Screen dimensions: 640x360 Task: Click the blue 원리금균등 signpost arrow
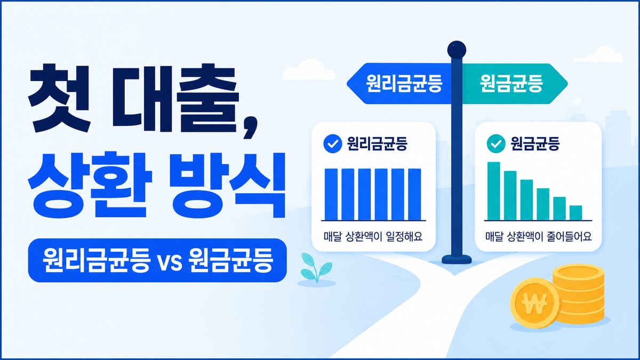coord(399,83)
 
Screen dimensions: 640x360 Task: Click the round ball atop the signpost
coord(457,51)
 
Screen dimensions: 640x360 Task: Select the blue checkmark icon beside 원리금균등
coord(333,143)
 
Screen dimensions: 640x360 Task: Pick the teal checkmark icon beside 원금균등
coord(496,143)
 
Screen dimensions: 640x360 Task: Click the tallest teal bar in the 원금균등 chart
coord(493,191)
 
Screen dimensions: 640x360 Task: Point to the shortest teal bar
coord(575,213)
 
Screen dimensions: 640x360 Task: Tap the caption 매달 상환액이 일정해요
coord(373,237)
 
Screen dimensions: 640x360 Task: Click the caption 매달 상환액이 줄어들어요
coord(538,237)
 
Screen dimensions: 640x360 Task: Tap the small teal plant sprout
coord(316,268)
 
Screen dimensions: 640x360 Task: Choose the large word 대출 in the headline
coord(174,99)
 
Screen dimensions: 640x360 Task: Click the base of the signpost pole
coord(457,259)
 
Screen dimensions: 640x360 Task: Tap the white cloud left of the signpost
coord(309,70)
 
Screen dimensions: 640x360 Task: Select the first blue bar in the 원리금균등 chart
coord(331,194)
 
